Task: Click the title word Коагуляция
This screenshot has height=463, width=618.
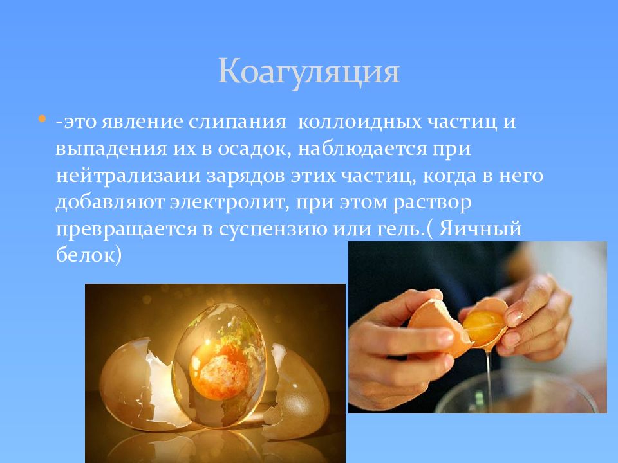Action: coord(308,72)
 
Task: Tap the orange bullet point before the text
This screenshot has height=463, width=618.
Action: coord(42,120)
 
